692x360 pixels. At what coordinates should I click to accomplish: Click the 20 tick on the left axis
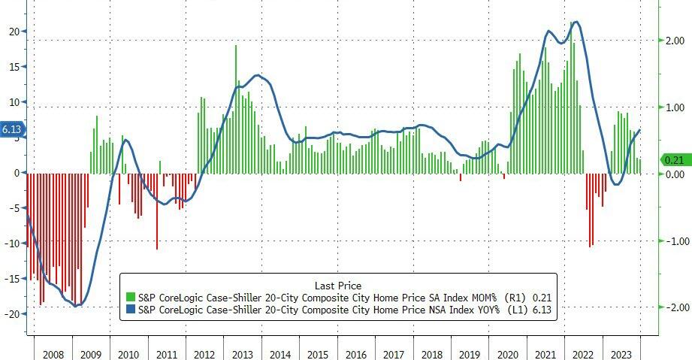coord(13,32)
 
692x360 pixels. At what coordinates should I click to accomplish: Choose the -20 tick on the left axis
coord(11,313)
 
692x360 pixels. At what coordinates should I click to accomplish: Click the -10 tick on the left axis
coord(11,243)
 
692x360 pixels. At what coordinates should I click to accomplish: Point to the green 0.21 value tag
coord(674,159)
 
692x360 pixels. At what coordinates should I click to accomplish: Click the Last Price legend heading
coord(338,286)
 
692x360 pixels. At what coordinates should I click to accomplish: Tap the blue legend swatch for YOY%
coord(131,310)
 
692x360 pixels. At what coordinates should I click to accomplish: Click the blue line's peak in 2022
coord(576,23)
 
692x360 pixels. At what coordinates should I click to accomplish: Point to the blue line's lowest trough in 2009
coord(76,305)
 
